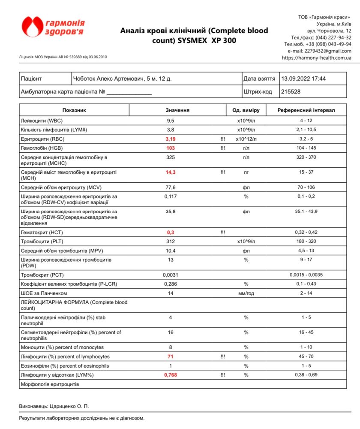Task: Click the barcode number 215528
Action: point(291,91)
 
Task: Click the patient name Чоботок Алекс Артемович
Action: point(108,79)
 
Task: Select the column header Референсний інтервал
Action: point(306,110)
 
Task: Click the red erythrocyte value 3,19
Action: point(171,139)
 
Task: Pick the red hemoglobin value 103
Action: point(171,148)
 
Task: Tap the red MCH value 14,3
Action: point(171,172)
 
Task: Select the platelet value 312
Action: point(171,242)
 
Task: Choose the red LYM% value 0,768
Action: point(171,375)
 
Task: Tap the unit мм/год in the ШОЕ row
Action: point(246,293)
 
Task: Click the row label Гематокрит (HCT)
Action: point(42,232)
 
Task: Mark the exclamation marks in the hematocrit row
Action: point(222,232)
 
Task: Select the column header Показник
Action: point(74,110)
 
